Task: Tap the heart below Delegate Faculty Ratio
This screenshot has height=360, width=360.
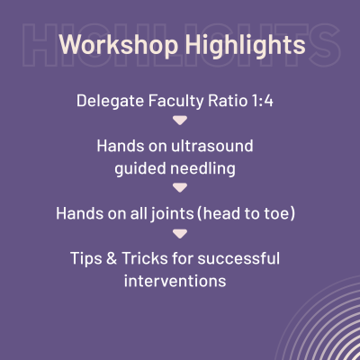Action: point(180,120)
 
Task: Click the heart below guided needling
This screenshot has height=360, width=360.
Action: point(180,187)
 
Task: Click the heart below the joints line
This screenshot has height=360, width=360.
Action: point(180,234)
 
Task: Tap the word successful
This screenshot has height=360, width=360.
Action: point(243,258)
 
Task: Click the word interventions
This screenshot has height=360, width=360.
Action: point(180,280)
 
